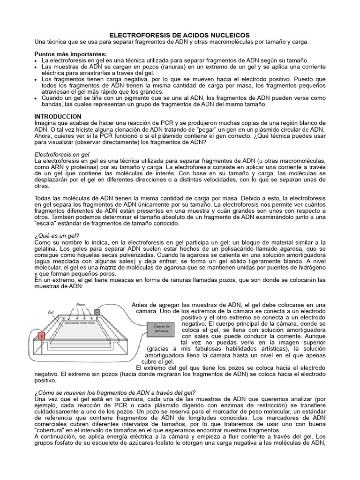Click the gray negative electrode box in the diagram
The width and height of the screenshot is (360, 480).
97,311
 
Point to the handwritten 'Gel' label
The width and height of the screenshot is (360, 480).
51,311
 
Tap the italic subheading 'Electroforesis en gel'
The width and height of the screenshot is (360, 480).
62,154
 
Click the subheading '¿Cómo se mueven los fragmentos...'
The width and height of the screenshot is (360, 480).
115,392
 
